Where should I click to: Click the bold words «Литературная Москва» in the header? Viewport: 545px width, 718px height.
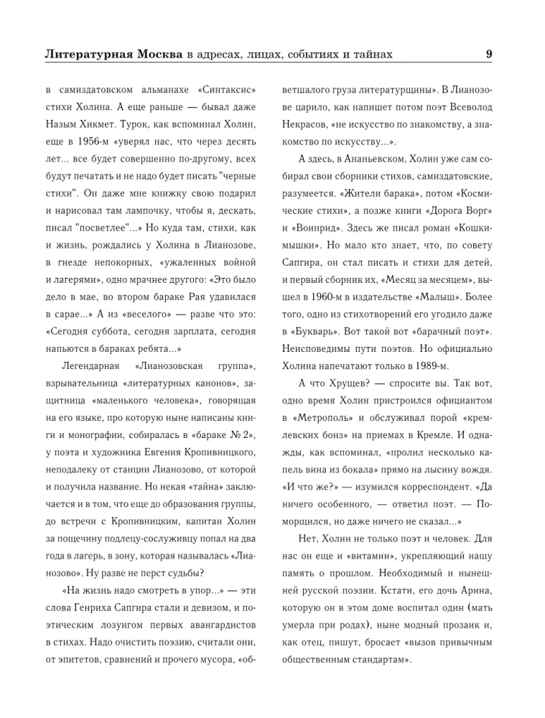113,54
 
